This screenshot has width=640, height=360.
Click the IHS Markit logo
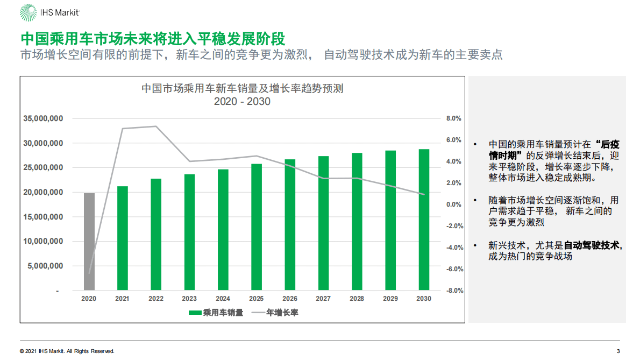[x=51, y=12]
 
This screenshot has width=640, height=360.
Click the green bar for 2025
[x=257, y=227]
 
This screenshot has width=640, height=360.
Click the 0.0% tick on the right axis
[x=454, y=204]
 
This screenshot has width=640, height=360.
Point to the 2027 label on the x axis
[x=323, y=299]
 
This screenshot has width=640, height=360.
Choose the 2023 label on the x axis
[x=189, y=299]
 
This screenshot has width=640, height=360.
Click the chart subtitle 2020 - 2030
[x=242, y=101]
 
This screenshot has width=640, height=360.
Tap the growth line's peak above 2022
[x=156, y=126]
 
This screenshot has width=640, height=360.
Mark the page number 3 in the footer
[x=618, y=351]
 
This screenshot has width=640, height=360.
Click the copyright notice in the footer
[x=67, y=351]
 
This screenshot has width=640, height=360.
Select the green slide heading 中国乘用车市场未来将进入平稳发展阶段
[x=153, y=39]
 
